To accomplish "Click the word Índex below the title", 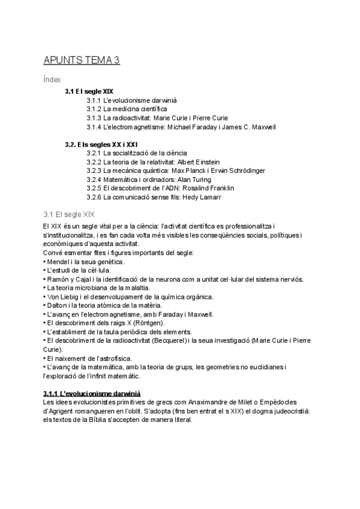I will tap(52, 80).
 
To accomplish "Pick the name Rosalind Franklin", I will tap(206, 188).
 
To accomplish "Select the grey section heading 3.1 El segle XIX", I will tap(69, 214).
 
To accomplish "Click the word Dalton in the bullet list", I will tap(56, 306).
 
